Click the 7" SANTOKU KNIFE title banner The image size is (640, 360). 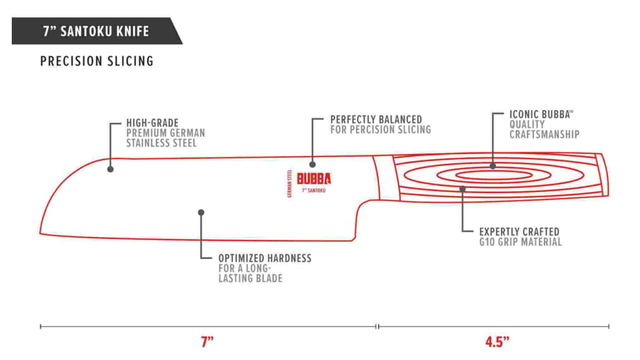click(96, 31)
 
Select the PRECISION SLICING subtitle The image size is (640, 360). click(97, 62)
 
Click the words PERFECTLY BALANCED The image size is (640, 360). click(376, 120)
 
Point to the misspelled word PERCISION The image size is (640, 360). click(379, 130)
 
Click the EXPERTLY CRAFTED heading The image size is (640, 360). click(519, 232)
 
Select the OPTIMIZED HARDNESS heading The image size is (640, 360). click(265, 258)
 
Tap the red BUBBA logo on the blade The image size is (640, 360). click(314, 179)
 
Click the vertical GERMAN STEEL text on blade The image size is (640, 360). click(289, 183)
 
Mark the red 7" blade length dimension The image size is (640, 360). click(207, 342)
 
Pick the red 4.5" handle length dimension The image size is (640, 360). click(497, 342)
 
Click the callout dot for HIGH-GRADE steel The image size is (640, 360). click(111, 169)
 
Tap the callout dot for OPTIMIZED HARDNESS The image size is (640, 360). click(202, 212)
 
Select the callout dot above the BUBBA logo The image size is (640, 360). click(312, 164)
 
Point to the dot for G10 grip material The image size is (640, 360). click(463, 189)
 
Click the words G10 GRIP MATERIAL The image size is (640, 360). click(520, 242)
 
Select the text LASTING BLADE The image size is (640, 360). click(251, 278)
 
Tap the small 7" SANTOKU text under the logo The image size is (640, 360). click(313, 190)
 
